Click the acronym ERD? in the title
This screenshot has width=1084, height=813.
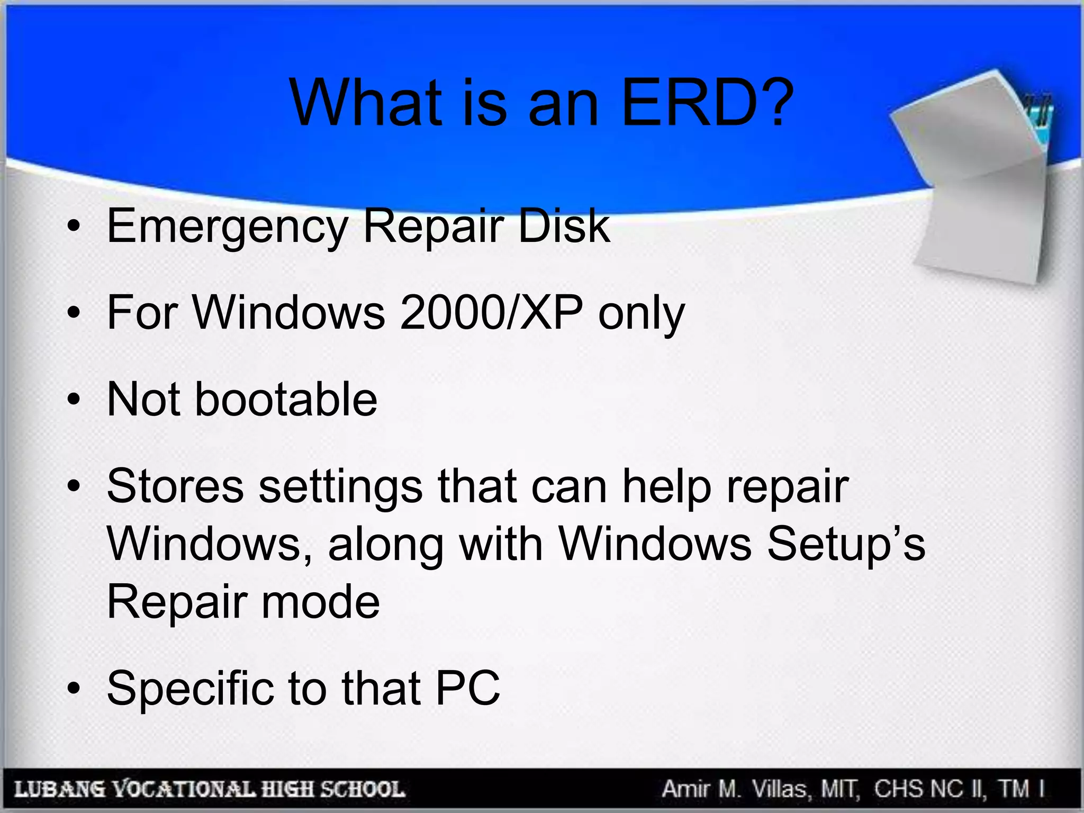(707, 103)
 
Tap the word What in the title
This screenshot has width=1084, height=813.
(366, 103)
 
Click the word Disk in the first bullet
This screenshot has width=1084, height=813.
(563, 227)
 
